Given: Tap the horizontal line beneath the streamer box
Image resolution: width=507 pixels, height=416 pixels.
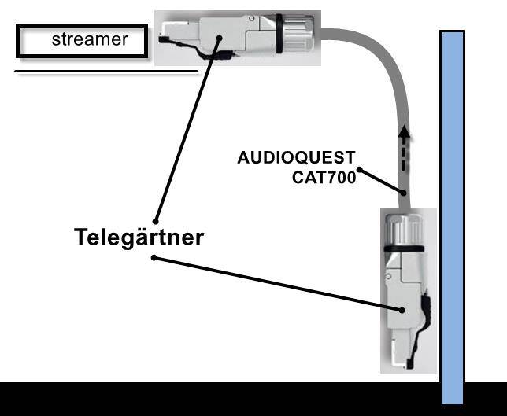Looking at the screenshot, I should click(106, 72).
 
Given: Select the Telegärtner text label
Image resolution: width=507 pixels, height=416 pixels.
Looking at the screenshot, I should click(139, 237).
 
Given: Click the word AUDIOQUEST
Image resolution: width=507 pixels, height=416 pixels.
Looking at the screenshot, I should click(296, 157).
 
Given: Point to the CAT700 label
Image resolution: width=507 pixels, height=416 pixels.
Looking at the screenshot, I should click(324, 178).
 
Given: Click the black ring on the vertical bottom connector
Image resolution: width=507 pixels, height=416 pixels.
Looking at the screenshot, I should click(404, 251).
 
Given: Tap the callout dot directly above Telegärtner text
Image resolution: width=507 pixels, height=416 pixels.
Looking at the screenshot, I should click(156, 220).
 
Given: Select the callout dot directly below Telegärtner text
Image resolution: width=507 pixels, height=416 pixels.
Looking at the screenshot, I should click(154, 257).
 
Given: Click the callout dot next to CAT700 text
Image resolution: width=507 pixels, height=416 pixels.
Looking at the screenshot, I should click(360, 169).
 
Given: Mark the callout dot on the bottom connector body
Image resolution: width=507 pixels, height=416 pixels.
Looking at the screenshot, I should click(405, 310).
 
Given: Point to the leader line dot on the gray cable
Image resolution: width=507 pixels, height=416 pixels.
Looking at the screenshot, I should click(403, 193).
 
